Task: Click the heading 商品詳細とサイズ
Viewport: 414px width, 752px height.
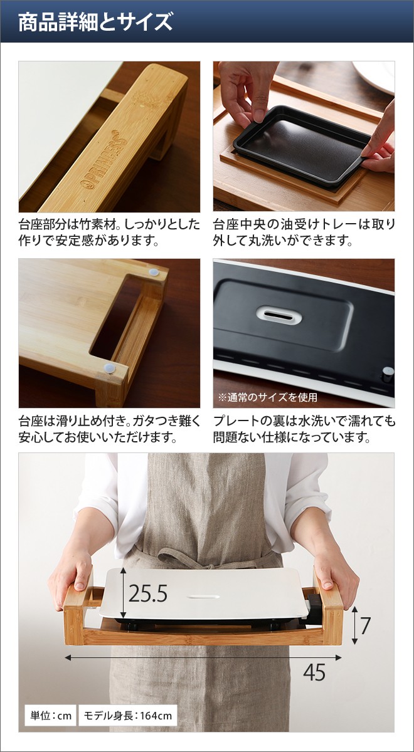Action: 95,22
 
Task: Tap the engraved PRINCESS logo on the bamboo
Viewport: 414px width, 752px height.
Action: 105,159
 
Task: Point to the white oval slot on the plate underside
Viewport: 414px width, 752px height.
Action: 279,315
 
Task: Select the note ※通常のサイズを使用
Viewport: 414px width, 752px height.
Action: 268,397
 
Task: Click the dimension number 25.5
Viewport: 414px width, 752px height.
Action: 148,593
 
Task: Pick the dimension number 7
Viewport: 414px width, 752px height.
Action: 365,625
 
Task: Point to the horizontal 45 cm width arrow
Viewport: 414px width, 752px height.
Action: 203,657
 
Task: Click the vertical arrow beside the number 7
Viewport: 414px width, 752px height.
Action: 354,625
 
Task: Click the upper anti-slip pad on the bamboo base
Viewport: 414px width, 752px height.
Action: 154,272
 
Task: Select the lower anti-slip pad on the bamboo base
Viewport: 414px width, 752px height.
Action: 110,368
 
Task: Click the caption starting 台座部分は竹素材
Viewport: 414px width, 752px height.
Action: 109,232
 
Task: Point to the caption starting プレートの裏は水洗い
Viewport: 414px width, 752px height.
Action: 304,429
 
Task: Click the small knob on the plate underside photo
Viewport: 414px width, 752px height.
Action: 388,375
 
